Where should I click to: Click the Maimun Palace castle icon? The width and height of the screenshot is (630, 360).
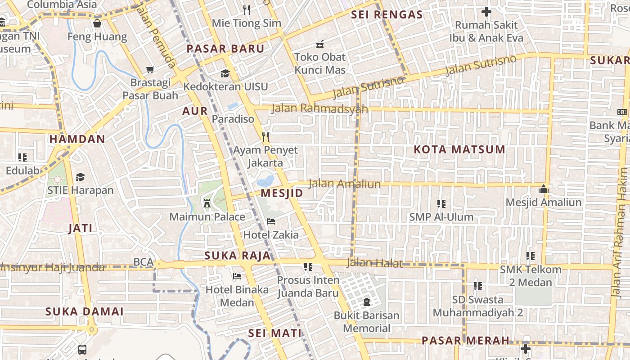coord(207,203)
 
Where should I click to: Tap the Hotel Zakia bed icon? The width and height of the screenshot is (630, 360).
coord(271,221)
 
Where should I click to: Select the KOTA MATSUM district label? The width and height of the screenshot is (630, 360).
coord(459,149)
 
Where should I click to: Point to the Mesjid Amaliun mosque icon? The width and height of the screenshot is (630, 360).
coord(544,189)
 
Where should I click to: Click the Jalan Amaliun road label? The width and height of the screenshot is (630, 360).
coord(345,184)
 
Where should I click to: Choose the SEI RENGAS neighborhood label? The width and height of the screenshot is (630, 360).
coord(387,14)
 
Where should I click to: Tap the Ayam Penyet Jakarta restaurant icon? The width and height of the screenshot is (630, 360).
coord(266,137)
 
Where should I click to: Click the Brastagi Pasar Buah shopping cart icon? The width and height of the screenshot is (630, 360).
coord(150,69)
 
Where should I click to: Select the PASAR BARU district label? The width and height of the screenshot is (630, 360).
coord(225,49)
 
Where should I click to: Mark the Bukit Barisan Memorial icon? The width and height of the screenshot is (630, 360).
coord(366,302)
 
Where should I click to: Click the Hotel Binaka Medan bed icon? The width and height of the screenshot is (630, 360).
coord(237,276)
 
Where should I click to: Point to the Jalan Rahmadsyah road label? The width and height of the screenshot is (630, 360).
coord(319,108)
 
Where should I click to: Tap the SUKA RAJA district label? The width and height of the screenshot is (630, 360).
coord(238,256)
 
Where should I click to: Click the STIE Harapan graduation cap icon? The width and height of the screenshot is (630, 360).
coord(80,177)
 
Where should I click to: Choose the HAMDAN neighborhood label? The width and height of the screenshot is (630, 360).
coord(77,139)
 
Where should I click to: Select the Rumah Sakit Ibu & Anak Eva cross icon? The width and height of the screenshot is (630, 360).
coord(486,12)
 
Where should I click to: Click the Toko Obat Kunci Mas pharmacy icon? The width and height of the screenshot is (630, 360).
coord(320,44)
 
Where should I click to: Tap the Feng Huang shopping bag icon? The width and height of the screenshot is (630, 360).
coord(97,23)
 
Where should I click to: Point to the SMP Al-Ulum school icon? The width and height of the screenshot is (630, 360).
coord(441,204)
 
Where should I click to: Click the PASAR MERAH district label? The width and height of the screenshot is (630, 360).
coord(465,340)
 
